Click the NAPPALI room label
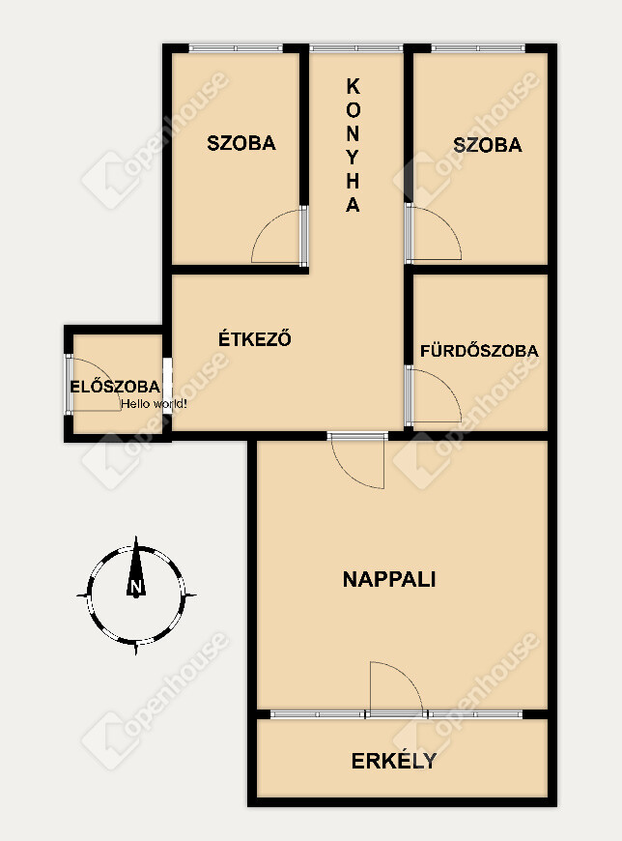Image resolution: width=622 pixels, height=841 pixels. click(389, 579)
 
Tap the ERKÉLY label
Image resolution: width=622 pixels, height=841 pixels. click(394, 761)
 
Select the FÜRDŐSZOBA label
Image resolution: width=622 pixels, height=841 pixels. click(479, 351)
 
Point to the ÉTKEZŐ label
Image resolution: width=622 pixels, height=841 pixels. click(254, 338)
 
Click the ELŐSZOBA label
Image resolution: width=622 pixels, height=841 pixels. click(115, 386)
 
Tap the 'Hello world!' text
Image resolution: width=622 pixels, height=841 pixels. click(154, 404)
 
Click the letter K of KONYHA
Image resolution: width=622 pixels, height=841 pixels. click(353, 86)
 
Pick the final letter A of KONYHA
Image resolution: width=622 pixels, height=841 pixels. click(353, 204)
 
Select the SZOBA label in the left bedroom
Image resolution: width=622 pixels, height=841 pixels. click(241, 143)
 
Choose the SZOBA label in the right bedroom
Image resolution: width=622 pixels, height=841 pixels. click(488, 145)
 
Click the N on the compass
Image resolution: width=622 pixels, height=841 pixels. click(136, 586)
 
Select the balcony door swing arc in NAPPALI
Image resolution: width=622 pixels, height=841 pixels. click(409, 675)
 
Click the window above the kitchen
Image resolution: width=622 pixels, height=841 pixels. click(355, 48)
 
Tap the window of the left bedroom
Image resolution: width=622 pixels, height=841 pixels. click(236, 48)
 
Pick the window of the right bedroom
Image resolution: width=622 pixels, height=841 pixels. click(478, 48)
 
